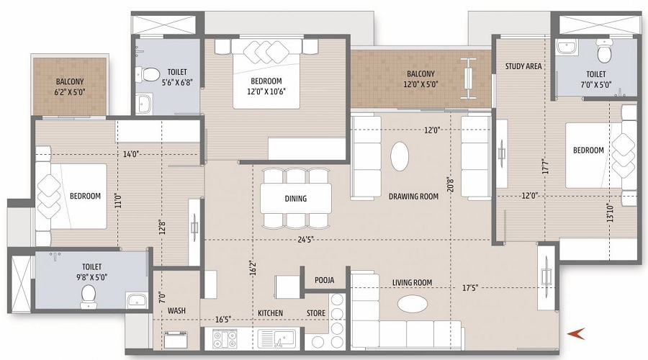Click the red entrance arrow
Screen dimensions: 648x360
pos(576,333)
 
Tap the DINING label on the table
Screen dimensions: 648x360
pos(295,199)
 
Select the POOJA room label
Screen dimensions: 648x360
pos(325,280)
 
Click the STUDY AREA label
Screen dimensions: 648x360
pos(523,66)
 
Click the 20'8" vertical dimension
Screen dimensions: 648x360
pos(451,184)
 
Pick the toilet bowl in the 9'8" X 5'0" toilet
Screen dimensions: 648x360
pos(88,296)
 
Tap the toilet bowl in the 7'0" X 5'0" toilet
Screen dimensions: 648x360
pos(604,52)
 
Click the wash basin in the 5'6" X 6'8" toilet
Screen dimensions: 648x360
pos(144,103)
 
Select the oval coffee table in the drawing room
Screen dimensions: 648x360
pos(400,156)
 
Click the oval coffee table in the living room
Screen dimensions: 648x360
pos(412,304)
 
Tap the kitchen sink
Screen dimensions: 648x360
pos(277,338)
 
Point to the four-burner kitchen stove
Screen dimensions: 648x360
pos(225,339)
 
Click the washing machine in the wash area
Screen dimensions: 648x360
pos(176,339)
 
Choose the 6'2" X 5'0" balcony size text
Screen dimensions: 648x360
pos(69,91)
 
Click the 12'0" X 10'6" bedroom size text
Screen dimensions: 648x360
pos(266,91)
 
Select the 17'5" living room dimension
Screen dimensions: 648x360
pos(470,288)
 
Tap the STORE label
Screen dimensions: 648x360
pos(316,313)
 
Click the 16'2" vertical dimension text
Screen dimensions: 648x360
pos(253,268)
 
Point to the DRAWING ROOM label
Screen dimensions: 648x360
pos(413,197)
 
